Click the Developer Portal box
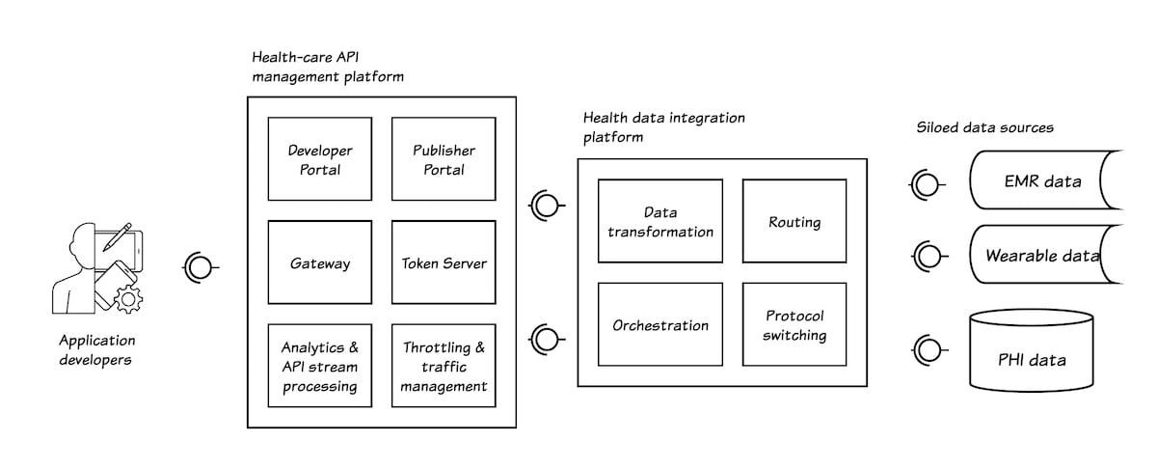click(320, 159)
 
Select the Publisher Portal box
click(444, 159)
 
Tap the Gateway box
click(320, 262)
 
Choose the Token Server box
click(444, 262)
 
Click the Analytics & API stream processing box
click(320, 366)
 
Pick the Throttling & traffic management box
click(444, 366)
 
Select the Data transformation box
click(660, 221)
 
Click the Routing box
click(794, 221)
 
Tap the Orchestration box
click(660, 325)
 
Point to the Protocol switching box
click(794, 325)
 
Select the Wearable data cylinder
click(1041, 256)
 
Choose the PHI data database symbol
click(1032, 351)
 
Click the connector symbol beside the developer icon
click(199, 266)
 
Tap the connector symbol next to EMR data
click(928, 181)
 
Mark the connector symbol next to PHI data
click(928, 349)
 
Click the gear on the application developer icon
click(125, 299)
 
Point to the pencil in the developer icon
click(120, 234)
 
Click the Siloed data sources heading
click(983, 127)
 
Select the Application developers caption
click(97, 349)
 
